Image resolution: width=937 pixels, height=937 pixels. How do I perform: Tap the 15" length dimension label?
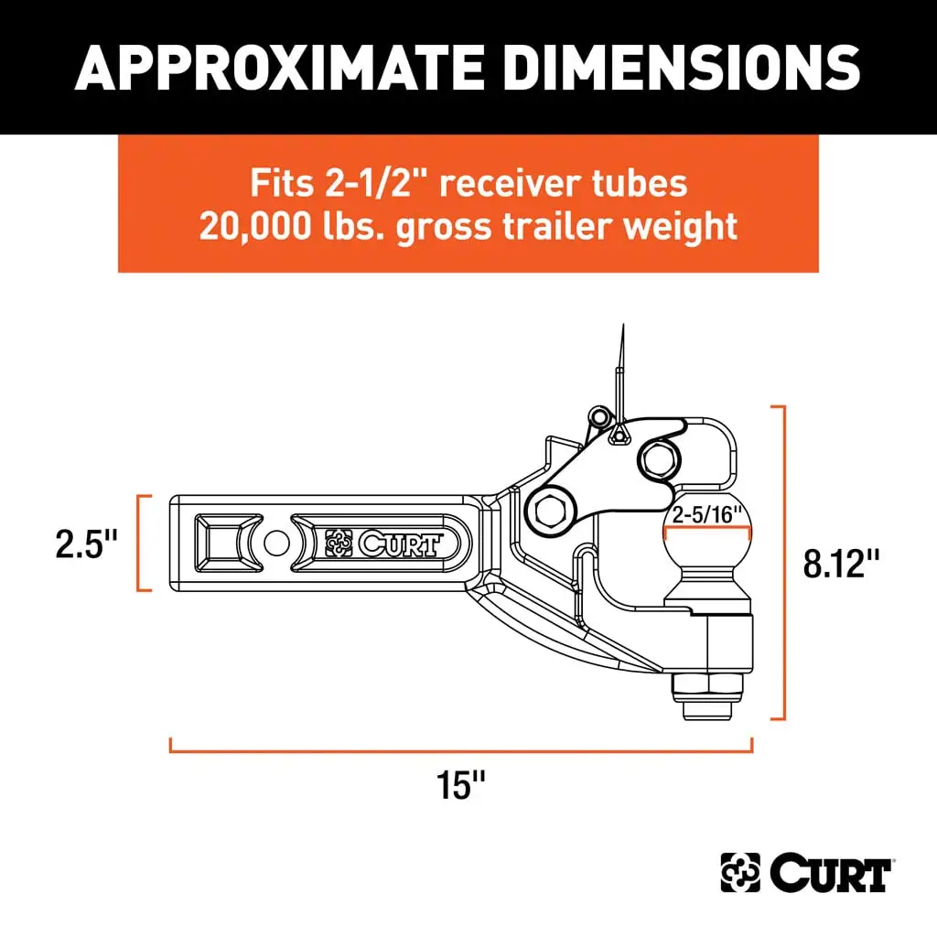(460, 784)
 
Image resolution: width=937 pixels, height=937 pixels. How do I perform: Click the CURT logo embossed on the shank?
(384, 544)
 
